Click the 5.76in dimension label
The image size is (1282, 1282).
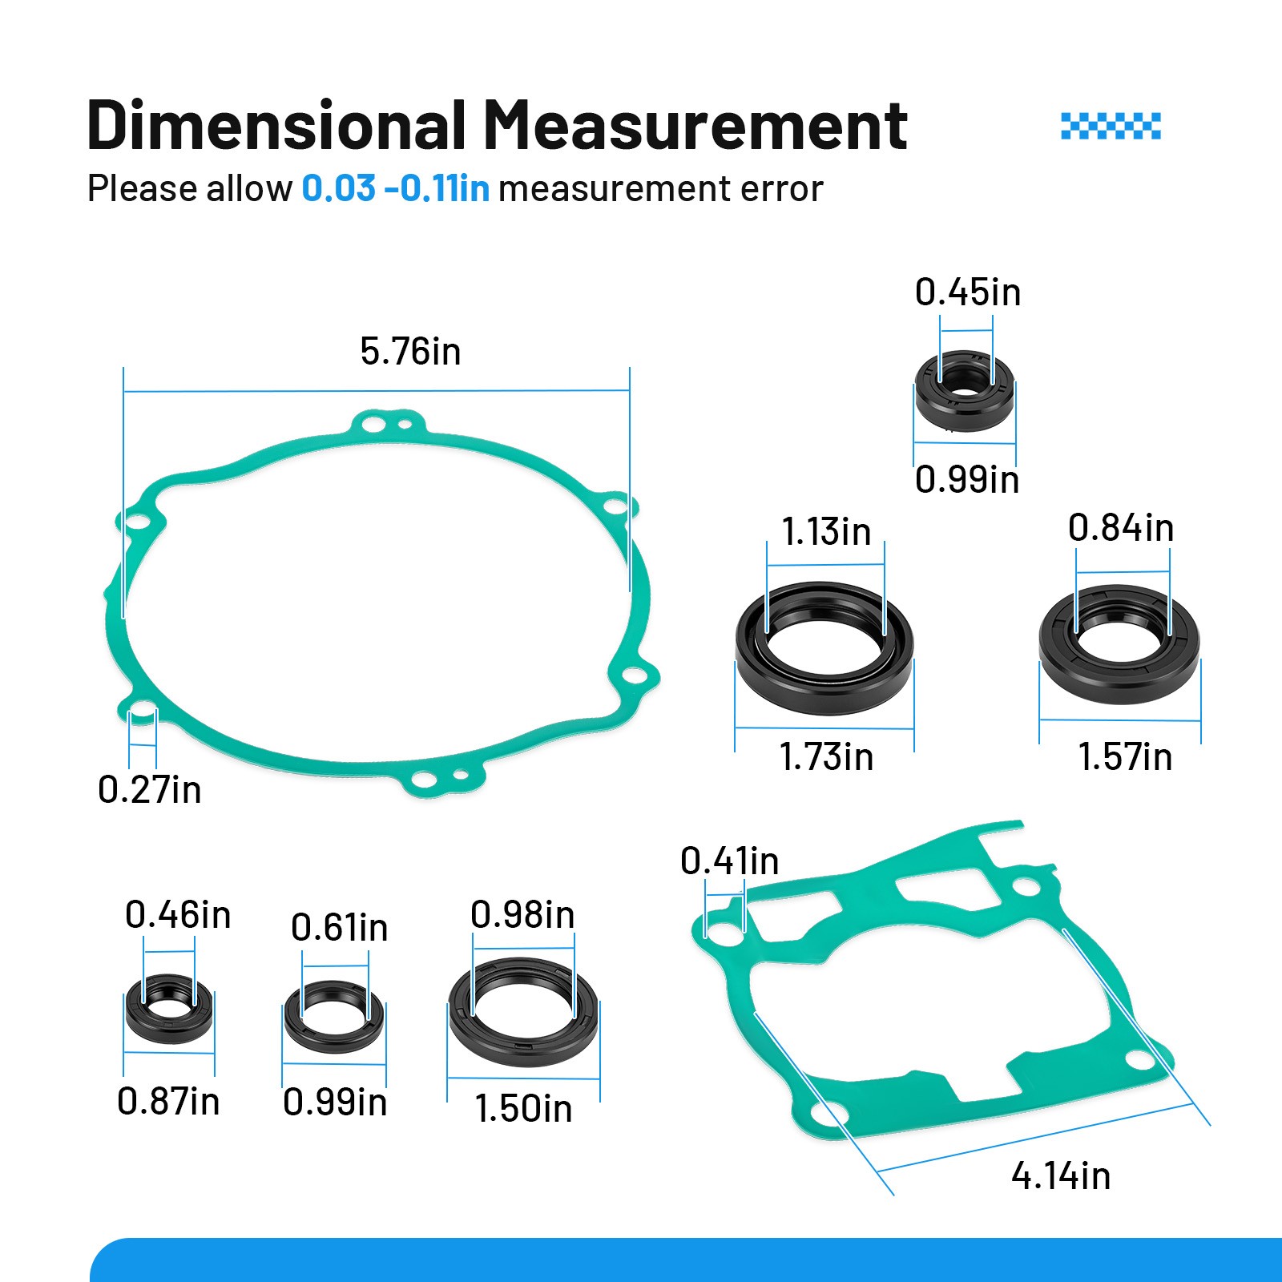(410, 352)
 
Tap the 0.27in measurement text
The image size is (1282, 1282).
(150, 790)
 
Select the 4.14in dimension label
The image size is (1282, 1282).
(1061, 1176)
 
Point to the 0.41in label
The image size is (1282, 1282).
(729, 861)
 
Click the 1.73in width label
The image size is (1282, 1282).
(826, 757)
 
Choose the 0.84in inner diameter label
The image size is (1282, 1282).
(1121, 528)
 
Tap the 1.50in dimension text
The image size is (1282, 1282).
(523, 1109)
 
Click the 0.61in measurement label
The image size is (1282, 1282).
(339, 928)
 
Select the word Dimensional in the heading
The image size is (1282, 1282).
(276, 126)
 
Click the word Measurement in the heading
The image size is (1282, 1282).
(695, 126)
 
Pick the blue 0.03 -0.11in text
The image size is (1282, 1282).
(395, 189)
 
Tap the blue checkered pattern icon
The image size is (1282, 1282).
(1111, 126)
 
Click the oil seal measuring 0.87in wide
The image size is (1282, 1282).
(169, 1010)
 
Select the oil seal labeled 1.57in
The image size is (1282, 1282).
(1119, 645)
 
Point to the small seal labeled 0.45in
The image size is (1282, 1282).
(964, 391)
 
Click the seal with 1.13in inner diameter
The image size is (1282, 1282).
(824, 649)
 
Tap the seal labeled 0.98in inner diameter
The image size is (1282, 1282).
(523, 1012)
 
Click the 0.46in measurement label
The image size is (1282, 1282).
(178, 915)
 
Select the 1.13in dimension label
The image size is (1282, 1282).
(826, 532)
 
